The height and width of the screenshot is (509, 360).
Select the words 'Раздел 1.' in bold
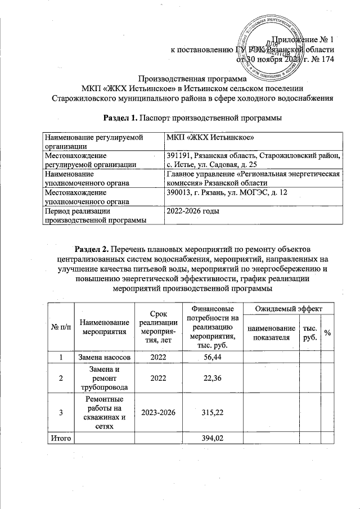coord(120,118)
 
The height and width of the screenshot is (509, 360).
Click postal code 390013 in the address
coord(177,193)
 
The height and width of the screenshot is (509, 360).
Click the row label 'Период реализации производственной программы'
coord(94,215)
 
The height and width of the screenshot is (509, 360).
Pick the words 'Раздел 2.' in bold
coord(93,249)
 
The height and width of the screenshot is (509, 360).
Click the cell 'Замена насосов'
coord(104,357)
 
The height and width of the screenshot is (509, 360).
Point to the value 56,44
coord(209,357)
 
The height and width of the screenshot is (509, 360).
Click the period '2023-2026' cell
coord(156,413)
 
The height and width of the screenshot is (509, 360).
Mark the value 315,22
coord(209,413)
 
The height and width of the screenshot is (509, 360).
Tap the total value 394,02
coord(209,438)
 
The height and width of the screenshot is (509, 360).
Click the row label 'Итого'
coord(60,438)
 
